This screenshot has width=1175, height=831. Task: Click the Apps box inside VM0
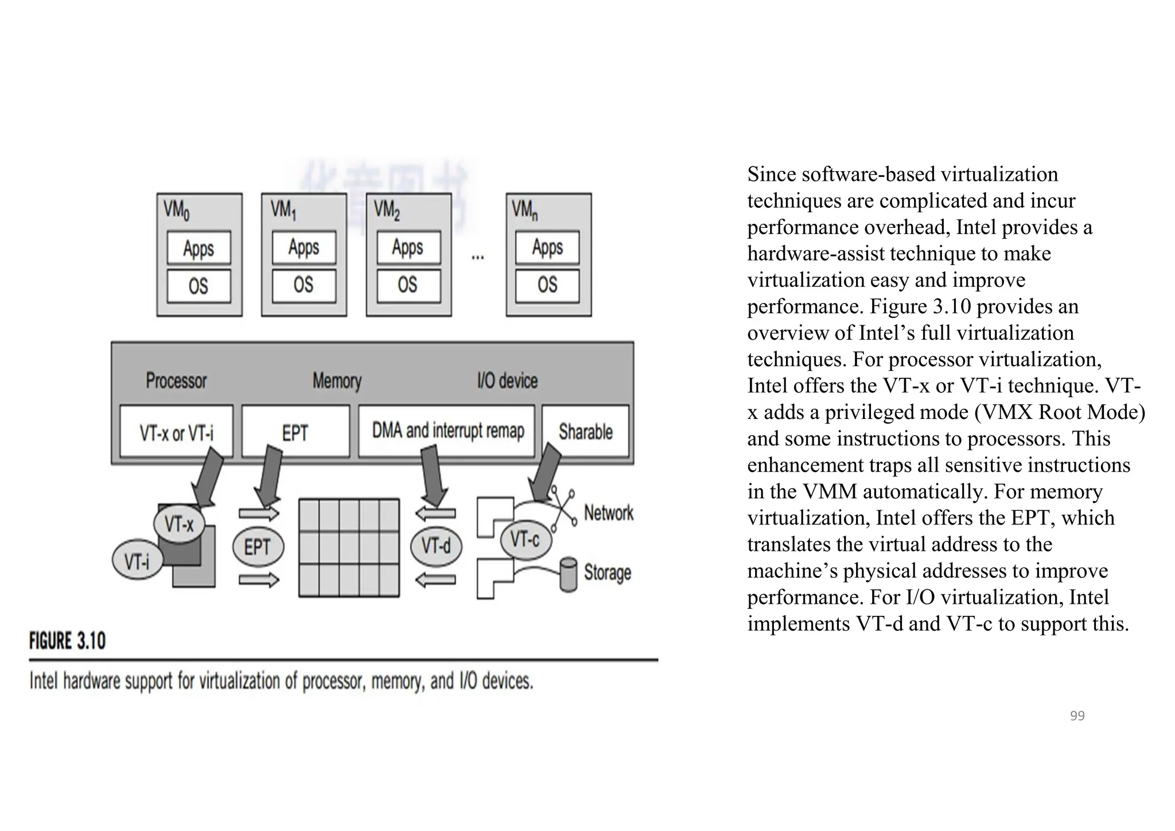199,248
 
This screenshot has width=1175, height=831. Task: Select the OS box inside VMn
547,285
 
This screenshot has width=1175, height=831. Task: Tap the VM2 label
386,210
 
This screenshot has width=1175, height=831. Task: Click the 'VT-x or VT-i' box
176,432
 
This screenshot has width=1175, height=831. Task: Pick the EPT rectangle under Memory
295,432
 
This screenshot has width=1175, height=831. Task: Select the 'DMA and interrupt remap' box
447,430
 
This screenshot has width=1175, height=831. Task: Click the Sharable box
585,432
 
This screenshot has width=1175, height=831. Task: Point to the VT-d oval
436,545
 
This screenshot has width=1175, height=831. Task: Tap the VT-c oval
525,539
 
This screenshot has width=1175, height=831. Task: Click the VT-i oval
137,560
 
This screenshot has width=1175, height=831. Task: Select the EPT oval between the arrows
258,547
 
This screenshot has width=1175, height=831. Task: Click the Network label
608,512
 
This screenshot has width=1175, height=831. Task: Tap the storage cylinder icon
568,574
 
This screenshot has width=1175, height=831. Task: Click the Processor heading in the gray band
176,380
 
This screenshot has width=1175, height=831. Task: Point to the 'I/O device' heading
507,380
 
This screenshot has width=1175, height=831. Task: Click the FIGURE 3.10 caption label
68,640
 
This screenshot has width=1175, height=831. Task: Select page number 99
1077,716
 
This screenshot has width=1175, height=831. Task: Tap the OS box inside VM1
304,285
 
